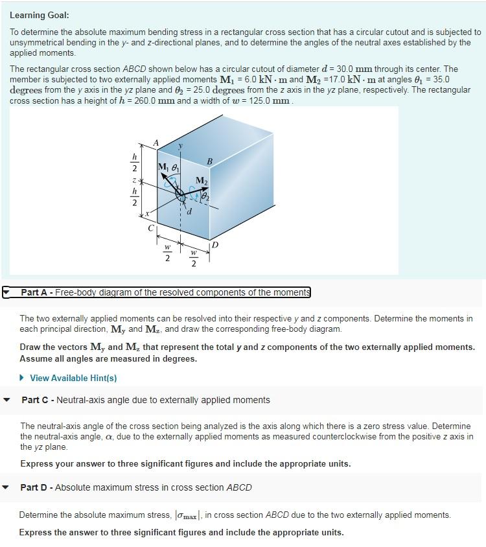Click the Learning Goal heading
[x=40, y=15]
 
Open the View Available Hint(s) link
[x=73, y=378]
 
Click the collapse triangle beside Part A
[x=6, y=293]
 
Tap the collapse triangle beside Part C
[x=7, y=400]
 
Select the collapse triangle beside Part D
[x=7, y=487]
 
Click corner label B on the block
[x=209, y=161]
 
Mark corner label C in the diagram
[x=151, y=228]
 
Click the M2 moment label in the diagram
[x=202, y=180]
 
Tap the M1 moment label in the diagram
[x=163, y=168]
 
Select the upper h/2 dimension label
[x=134, y=162]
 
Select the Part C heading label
[x=145, y=400]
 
